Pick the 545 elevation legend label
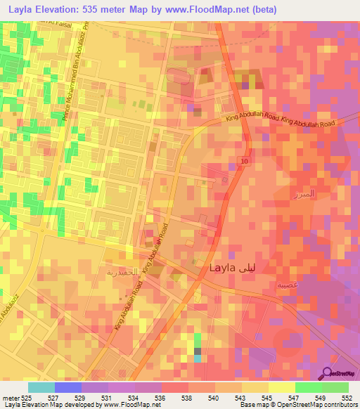(x=268, y=398)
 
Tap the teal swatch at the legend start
(x=41, y=387)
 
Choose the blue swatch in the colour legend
(x=68, y=387)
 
